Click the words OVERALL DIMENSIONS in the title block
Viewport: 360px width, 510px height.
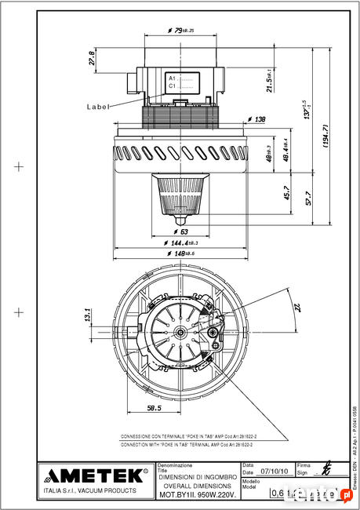pos(198,486)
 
